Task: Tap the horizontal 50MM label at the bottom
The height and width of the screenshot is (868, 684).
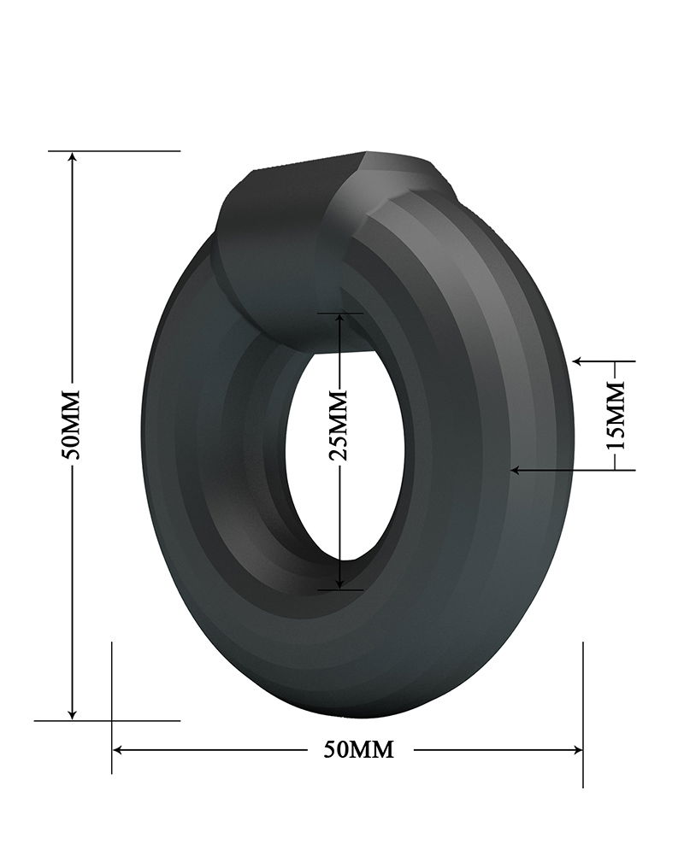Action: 359,749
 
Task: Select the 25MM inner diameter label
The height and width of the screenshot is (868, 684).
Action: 339,424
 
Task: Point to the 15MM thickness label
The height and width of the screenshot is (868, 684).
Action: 616,415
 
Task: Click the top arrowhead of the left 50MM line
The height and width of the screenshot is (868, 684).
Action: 73,157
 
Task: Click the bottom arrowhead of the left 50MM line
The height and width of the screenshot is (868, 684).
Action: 73,713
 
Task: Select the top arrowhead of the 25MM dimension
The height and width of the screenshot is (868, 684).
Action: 340,319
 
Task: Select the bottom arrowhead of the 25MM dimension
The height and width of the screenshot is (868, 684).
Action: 340,583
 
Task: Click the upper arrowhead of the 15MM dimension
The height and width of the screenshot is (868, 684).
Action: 579,361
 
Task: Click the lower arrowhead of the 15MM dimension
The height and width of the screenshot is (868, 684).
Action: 516,469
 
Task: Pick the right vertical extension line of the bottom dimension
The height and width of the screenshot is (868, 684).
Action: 583,713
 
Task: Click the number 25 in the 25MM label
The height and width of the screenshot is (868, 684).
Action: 339,446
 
